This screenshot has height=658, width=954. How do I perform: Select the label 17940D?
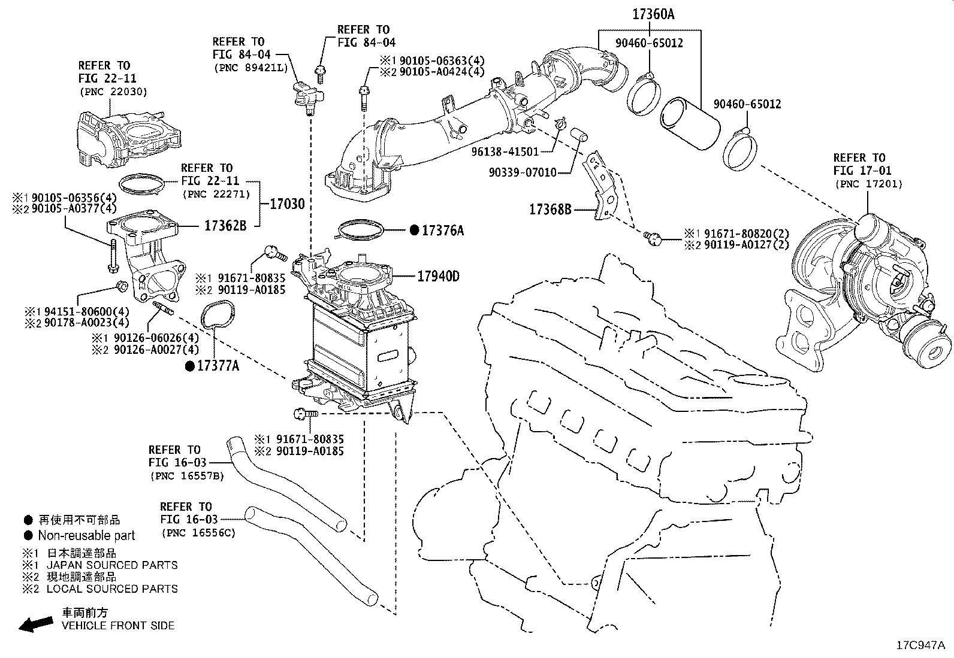[x=438, y=276]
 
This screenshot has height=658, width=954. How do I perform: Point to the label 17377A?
[x=218, y=365]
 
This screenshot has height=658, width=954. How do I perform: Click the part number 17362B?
[x=226, y=226]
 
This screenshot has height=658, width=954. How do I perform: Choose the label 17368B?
[x=550, y=210]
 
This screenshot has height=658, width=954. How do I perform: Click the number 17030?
[x=286, y=204]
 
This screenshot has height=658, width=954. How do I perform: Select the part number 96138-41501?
[x=505, y=152]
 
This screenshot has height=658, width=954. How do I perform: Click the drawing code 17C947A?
[x=920, y=645]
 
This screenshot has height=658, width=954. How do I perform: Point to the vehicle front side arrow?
[x=35, y=624]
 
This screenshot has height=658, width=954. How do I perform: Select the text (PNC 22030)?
[x=112, y=92]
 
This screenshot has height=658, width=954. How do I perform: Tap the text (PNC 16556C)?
[x=198, y=532]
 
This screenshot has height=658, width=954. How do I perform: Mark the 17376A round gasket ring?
[x=360, y=230]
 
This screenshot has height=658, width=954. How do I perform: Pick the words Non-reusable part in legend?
[x=86, y=535]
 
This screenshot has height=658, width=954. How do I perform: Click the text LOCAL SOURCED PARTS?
[x=112, y=589]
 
